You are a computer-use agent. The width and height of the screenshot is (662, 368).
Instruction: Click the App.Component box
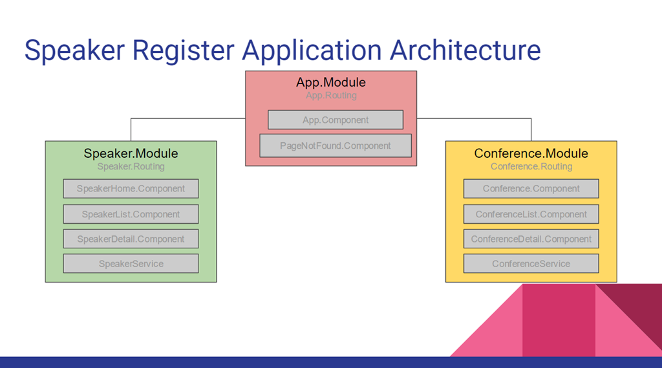coord(336,120)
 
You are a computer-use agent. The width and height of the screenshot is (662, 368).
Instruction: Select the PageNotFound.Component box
coord(336,146)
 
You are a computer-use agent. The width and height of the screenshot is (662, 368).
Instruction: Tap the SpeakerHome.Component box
coord(131,189)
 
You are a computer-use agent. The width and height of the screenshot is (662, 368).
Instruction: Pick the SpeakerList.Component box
coord(131,214)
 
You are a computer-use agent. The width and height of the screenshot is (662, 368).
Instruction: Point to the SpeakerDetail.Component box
coord(131,239)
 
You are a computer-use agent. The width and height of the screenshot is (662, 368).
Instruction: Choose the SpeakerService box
coord(131,264)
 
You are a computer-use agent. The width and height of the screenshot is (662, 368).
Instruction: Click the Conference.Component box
coord(531,189)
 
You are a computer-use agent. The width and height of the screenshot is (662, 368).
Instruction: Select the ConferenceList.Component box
coord(531,214)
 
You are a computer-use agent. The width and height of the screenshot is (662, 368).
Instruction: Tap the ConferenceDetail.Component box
coord(531,239)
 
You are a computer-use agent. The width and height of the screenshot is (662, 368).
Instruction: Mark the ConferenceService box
coord(531,264)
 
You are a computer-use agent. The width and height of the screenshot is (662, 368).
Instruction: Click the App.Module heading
coord(331,82)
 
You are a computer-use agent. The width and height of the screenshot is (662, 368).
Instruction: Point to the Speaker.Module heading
coord(131,153)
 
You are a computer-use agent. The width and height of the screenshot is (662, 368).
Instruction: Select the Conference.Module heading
coord(531,153)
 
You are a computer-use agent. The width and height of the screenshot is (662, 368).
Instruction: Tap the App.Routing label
coord(332,96)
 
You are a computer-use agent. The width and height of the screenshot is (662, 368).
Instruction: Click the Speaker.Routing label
coord(131,166)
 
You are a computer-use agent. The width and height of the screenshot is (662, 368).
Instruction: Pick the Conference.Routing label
coord(531,166)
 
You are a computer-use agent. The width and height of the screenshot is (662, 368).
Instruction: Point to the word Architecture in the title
coord(465,50)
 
